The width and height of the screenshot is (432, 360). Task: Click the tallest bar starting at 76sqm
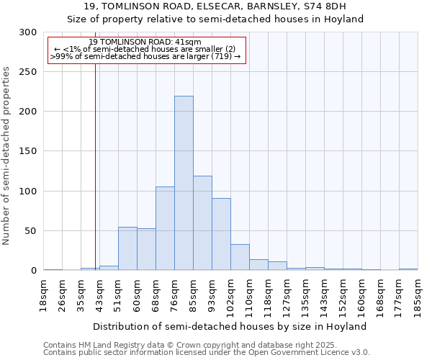tap(184, 183)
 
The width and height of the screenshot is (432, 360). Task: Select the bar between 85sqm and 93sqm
tap(202, 223)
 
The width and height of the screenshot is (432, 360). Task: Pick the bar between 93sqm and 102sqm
tap(221, 234)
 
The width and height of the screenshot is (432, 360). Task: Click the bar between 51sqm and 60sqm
tap(127, 248)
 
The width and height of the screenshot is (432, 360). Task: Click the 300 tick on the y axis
tap(28, 32)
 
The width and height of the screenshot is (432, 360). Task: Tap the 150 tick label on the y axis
tap(28, 151)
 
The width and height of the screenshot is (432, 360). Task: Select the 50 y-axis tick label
tap(31, 231)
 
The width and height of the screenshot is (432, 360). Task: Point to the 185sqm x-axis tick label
tap(418, 295)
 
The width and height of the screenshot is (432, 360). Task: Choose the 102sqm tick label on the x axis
tap(230, 295)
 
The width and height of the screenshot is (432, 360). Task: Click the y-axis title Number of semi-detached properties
tap(7, 156)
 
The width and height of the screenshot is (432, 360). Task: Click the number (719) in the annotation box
tap(221, 56)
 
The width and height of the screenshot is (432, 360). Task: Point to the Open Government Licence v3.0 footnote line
tap(207, 352)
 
